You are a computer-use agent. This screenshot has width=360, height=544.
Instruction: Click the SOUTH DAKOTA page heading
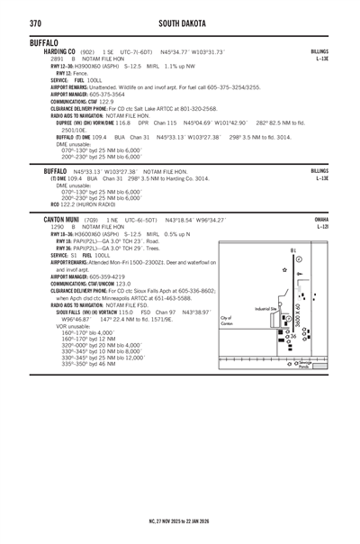pyautogui.click(x=180, y=22)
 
